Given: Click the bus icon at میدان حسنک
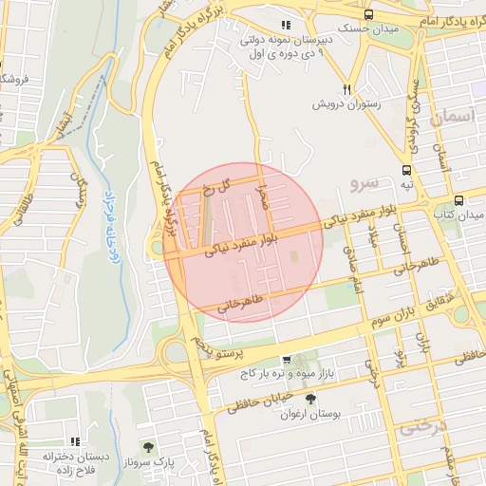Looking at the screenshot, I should point(368,14).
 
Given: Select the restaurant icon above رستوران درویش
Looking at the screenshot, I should point(348,89).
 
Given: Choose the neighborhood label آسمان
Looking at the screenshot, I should point(451,118).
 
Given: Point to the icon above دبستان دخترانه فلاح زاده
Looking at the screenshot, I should point(74,441).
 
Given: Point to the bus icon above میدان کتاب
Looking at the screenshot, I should point(459,200).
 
